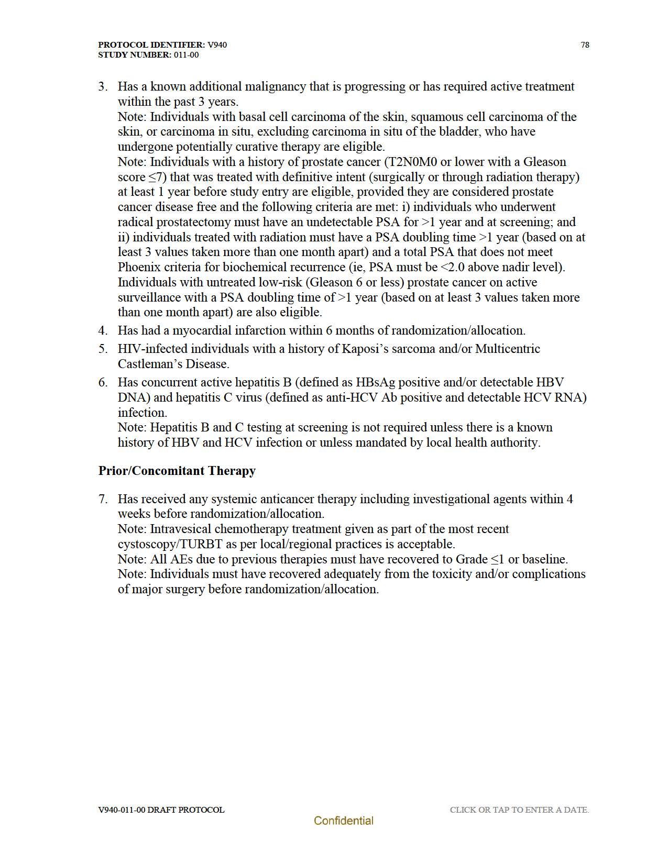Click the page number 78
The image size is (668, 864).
click(x=585, y=45)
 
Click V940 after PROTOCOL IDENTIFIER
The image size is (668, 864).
click(x=217, y=45)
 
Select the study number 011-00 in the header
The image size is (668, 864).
click(x=186, y=55)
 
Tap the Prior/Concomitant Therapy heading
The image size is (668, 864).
click(x=177, y=471)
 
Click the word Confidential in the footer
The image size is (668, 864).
click(x=343, y=821)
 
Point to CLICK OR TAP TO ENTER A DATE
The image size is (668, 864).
click(x=519, y=810)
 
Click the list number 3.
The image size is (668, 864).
click(x=103, y=86)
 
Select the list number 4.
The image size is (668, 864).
click(x=103, y=330)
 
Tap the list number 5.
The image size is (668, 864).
click(x=103, y=349)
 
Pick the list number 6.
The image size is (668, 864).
click(x=103, y=382)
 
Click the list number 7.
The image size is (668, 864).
click(x=103, y=499)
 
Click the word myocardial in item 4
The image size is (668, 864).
click(x=202, y=330)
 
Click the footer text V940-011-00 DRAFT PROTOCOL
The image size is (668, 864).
click(x=161, y=810)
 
